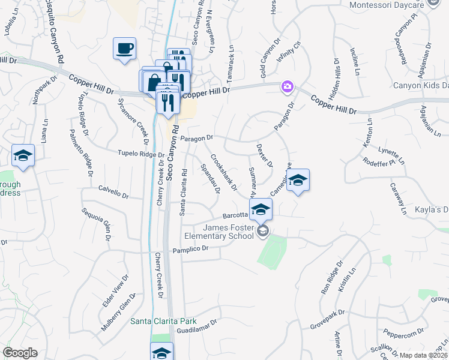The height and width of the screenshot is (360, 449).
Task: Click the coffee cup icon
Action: [124, 49]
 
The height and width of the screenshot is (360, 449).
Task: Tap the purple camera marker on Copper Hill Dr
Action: [288, 88]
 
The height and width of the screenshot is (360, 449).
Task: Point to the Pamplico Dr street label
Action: [190, 248]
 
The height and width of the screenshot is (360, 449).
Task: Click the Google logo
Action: [20, 353]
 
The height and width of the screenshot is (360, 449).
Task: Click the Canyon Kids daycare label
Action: [420, 86]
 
